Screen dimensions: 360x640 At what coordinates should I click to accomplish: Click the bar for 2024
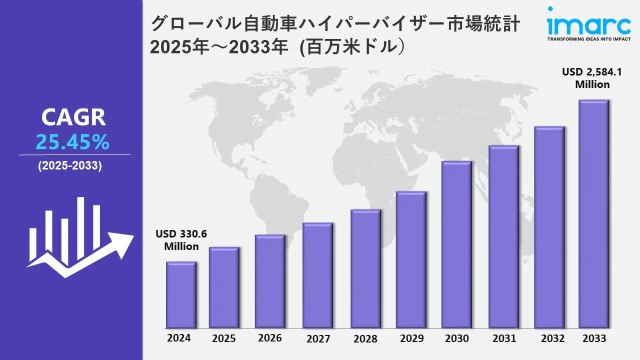click(x=181, y=295)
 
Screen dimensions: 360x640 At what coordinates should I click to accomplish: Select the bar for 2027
click(x=317, y=275)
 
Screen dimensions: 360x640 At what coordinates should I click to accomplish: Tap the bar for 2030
click(x=456, y=244)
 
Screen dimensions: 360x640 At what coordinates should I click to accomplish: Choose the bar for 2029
click(x=411, y=260)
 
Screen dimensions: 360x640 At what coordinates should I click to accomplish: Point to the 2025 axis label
click(x=223, y=338)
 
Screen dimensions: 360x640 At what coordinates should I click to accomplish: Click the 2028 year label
click(x=365, y=338)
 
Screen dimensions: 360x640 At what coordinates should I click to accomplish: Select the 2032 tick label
click(x=553, y=338)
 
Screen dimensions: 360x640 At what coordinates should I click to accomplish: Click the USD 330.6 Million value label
click(x=181, y=240)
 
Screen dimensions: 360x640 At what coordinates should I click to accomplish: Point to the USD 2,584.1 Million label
click(x=592, y=78)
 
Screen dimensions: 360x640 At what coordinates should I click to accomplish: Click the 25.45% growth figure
click(x=72, y=143)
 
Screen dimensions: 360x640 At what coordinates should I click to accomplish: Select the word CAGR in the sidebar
click(x=73, y=117)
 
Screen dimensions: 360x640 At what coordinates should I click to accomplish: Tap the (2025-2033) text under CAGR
click(x=70, y=166)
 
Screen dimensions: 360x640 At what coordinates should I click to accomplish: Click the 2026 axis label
click(x=270, y=338)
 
